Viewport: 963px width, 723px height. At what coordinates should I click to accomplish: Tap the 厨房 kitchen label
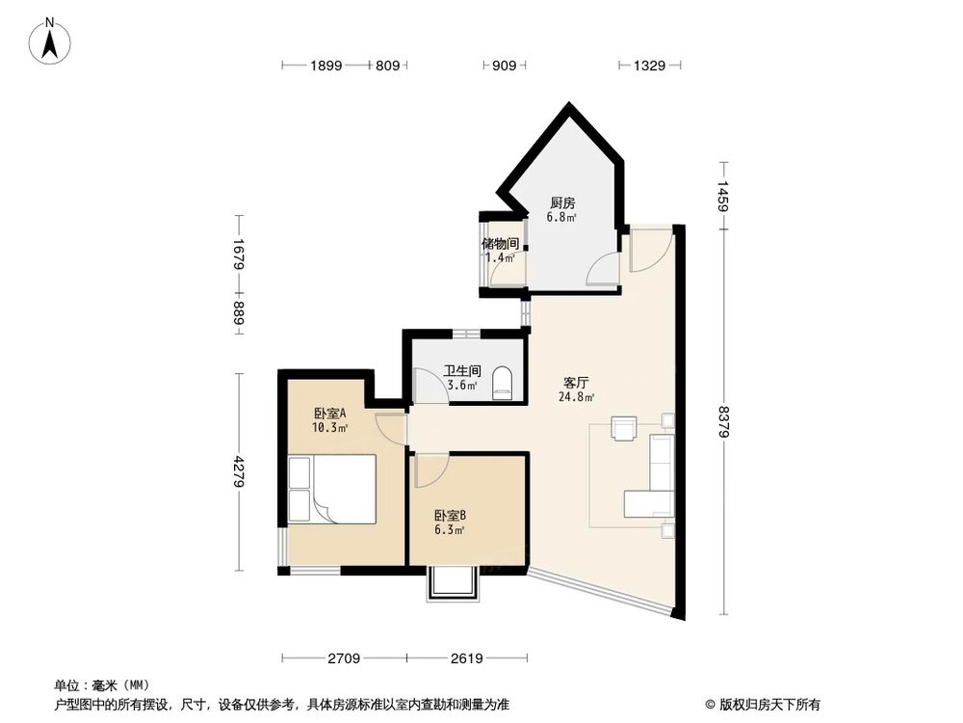(562, 203)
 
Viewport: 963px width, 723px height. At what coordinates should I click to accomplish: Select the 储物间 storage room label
(500, 244)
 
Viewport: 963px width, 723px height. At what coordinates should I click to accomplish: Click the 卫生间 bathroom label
(461, 370)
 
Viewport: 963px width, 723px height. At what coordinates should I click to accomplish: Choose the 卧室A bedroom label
(329, 413)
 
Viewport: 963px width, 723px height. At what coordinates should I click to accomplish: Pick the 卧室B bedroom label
(450, 515)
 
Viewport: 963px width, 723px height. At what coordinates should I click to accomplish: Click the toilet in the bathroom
(502, 383)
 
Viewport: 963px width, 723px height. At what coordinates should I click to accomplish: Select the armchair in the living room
(624, 428)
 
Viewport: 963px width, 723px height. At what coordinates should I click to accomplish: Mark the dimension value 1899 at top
(326, 66)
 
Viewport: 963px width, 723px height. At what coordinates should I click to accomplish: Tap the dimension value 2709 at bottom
(344, 658)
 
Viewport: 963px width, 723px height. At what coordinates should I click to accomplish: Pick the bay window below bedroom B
(452, 584)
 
